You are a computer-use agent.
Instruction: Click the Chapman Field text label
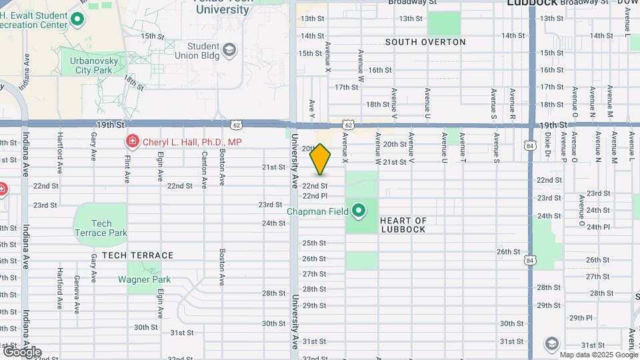point(317,212)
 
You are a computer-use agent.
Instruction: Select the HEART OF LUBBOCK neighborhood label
point(403,225)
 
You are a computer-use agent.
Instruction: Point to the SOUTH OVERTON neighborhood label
point(425,42)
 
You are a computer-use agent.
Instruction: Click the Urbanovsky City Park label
point(91,65)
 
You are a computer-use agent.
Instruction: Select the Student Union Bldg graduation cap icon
point(229,50)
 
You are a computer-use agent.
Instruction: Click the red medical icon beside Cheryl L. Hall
point(132,141)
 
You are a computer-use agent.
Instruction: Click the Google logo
point(21,351)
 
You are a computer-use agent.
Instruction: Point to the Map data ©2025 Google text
point(598,355)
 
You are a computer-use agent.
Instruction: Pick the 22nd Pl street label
point(315,196)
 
